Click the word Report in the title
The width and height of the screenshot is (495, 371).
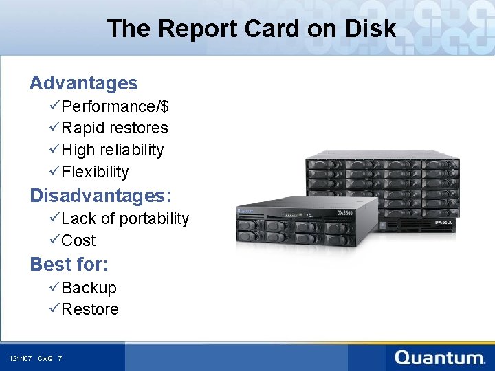coord(190,29)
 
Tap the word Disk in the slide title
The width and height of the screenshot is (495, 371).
coord(372,29)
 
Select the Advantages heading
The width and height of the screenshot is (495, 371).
coord(83,83)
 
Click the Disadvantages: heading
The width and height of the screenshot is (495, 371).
coord(100,196)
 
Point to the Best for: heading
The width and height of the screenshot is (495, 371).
coord(69,264)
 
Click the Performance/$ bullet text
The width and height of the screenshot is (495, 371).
coord(115,106)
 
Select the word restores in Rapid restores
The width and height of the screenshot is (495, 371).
coord(138,128)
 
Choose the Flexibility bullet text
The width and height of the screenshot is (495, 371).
coord(95,172)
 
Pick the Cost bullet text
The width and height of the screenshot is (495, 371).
coord(78,240)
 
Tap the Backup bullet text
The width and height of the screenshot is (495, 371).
coord(89,288)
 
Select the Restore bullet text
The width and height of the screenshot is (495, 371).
coord(90,309)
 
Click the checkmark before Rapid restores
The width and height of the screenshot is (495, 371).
coord(54,128)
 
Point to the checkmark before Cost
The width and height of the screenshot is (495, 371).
coord(54,240)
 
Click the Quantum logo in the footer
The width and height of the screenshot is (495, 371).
coord(440,358)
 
